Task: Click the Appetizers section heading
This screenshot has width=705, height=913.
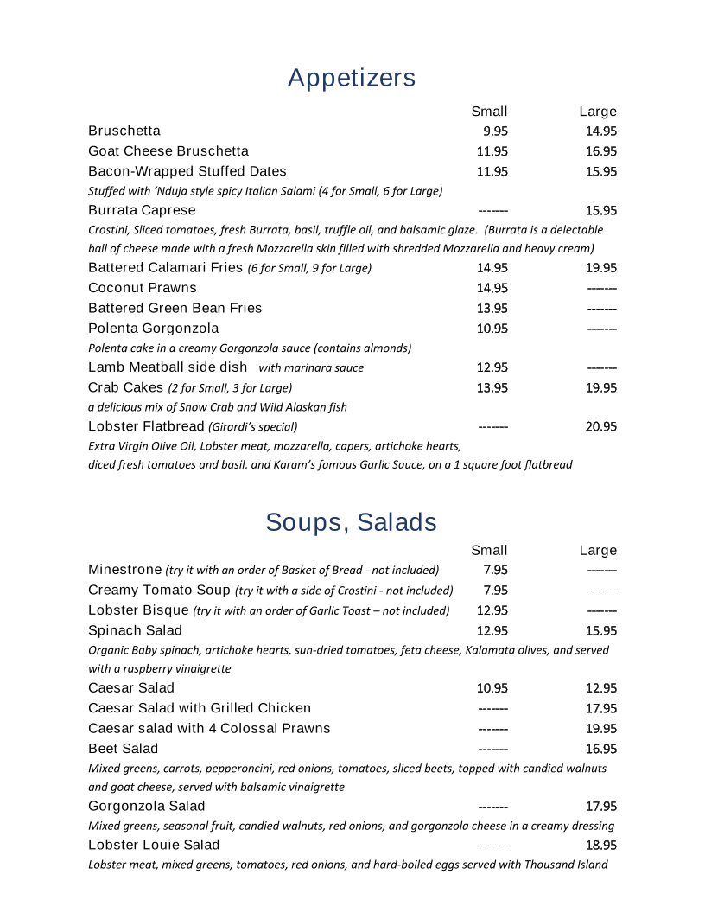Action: tap(352, 78)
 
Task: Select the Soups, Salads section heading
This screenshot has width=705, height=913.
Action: tap(351, 522)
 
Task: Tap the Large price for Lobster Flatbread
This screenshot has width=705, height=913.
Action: tap(600, 426)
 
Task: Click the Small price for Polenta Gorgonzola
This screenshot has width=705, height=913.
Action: tap(492, 329)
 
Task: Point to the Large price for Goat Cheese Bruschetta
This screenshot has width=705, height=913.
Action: tap(600, 151)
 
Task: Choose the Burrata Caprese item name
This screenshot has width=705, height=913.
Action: tap(142, 210)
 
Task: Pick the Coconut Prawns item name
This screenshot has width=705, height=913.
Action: tap(143, 288)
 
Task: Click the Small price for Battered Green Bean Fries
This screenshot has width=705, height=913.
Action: tap(492, 309)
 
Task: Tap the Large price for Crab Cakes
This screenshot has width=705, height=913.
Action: tap(600, 388)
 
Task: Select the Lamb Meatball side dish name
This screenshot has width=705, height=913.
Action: tap(168, 367)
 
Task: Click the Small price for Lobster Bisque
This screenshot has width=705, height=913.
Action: tap(492, 611)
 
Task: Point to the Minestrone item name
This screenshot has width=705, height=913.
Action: tap(125, 570)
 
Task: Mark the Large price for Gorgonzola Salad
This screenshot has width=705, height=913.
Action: tap(600, 807)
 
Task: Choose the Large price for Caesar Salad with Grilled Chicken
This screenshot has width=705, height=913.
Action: tap(600, 709)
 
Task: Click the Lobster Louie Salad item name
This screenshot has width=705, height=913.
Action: tap(154, 845)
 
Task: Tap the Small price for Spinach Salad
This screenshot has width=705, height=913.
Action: tap(492, 631)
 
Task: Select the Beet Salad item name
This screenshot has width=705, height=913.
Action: tap(124, 749)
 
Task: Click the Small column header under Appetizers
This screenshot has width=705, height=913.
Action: tap(489, 112)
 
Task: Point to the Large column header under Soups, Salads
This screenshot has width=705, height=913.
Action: tap(598, 551)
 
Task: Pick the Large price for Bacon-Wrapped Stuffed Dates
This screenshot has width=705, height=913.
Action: tap(600, 172)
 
